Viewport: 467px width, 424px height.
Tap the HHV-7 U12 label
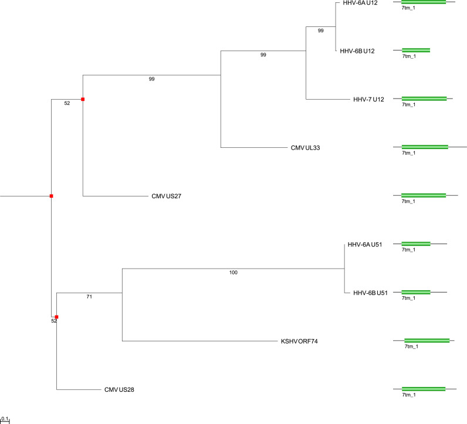pyautogui.click(x=368, y=99)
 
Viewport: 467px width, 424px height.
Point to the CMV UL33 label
pyautogui.click(x=304, y=148)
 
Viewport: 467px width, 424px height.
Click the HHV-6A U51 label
pyautogui.click(x=365, y=245)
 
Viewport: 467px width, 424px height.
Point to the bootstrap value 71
pyautogui.click(x=89, y=297)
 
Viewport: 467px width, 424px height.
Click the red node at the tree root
pyautogui.click(x=52, y=195)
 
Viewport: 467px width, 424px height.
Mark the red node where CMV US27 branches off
pyautogui.click(x=83, y=99)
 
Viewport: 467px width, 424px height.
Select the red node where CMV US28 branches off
pyautogui.click(x=56, y=317)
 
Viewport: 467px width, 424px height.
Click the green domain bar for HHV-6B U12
pyautogui.click(x=415, y=50)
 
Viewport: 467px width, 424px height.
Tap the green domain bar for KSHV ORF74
pyautogui.click(x=427, y=340)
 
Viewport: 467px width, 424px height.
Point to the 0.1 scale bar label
pyautogui.click(x=5, y=418)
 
